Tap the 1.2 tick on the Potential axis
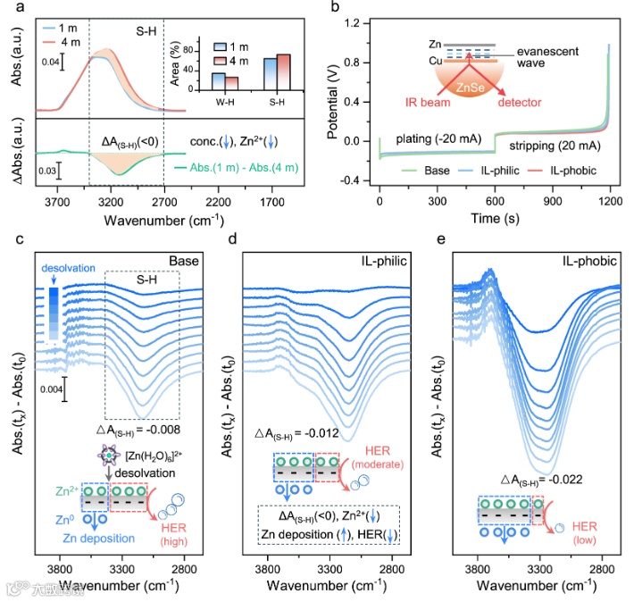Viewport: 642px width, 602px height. tap(361, 21)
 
